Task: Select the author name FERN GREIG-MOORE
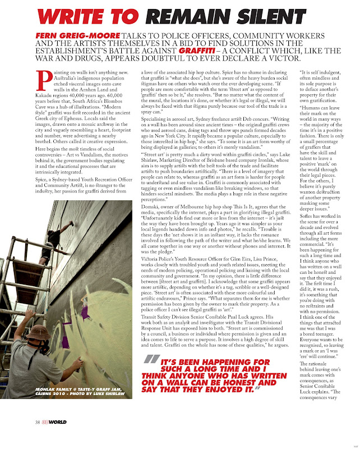click(77, 36)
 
